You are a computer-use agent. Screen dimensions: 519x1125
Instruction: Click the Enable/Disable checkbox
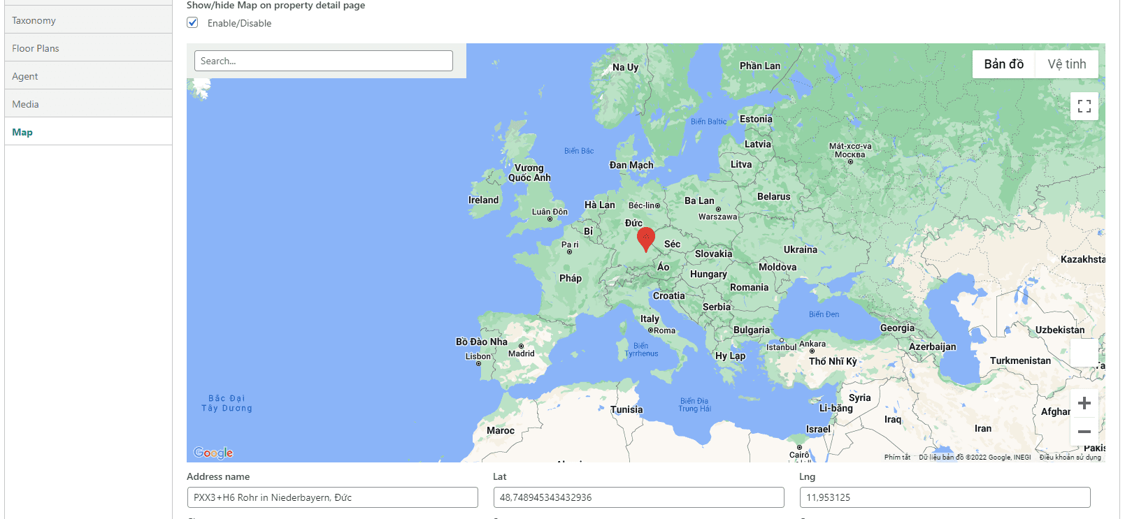(x=193, y=23)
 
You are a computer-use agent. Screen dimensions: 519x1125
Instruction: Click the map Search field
(x=323, y=61)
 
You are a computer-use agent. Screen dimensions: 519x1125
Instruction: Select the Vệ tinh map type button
(x=1066, y=64)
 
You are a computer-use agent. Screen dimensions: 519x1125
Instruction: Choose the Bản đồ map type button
(x=1003, y=64)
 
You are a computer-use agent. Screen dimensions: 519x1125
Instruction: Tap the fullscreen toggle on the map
(x=1084, y=106)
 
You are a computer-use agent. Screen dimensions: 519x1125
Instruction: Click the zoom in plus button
(x=1084, y=403)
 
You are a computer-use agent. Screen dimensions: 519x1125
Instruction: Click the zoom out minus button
(x=1084, y=432)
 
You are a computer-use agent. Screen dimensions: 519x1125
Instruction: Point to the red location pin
(x=646, y=239)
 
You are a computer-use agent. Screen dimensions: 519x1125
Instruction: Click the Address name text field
(x=332, y=497)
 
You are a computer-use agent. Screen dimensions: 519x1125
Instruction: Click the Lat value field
(x=638, y=497)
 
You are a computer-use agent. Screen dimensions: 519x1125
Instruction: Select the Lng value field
(x=945, y=497)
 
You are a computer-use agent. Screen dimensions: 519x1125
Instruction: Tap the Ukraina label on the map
(x=800, y=249)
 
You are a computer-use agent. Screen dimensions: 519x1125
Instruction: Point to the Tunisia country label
(x=626, y=410)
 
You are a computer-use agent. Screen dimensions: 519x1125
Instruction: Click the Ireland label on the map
(x=483, y=200)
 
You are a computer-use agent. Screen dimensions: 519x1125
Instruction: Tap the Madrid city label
(x=521, y=353)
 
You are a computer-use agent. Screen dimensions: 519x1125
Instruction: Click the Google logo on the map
(x=213, y=453)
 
